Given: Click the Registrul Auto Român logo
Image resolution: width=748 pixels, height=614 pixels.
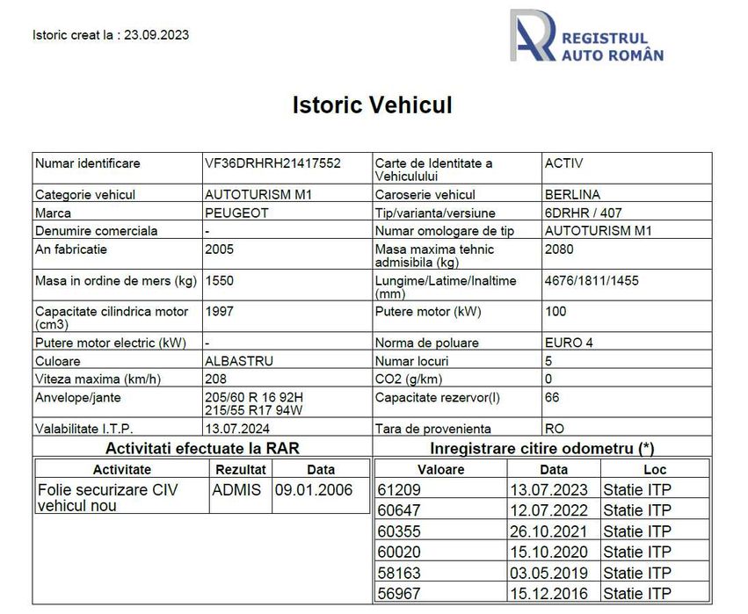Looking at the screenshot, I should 586,36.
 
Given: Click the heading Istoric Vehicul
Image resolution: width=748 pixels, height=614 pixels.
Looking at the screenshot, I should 372,105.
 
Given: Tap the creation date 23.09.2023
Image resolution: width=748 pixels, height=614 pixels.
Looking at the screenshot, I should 156,35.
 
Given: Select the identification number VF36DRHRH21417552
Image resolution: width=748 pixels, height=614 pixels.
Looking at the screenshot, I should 272,163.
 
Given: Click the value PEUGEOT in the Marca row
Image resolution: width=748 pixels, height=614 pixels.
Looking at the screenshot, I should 236,213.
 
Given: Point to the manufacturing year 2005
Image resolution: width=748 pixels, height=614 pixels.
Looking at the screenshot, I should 219,249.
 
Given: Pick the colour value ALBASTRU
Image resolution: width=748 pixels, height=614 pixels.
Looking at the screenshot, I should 238,361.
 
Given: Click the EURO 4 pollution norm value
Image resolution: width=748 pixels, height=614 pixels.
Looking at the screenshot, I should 569,343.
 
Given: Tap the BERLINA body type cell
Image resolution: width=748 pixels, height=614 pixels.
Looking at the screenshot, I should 572,194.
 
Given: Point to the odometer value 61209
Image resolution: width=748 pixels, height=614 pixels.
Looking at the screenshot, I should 399,490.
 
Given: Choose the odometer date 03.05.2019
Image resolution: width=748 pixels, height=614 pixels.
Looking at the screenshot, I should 553,574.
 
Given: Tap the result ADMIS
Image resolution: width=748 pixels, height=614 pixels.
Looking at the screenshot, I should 236,490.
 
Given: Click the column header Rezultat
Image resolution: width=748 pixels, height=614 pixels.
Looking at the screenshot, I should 240,470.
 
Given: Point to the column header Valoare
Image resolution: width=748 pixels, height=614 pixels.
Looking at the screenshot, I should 440,470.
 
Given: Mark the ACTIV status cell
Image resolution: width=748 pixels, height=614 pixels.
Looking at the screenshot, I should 563,163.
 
